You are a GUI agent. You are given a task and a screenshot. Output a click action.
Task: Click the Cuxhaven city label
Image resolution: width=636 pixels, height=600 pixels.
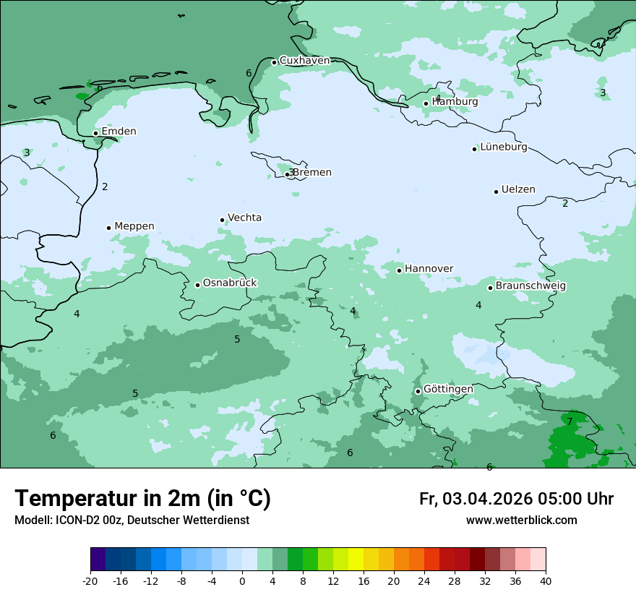point(304,61)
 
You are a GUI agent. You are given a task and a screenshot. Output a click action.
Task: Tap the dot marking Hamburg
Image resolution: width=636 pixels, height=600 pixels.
point(426,103)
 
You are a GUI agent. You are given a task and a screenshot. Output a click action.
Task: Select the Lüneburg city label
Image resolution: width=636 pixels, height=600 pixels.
point(503,147)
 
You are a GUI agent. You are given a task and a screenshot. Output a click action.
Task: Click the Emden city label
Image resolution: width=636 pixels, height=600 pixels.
point(119,132)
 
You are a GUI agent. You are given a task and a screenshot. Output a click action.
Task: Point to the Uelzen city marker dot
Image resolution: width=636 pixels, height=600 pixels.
point(496,192)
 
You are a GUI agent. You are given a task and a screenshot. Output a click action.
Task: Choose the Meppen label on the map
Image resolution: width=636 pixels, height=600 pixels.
point(134,226)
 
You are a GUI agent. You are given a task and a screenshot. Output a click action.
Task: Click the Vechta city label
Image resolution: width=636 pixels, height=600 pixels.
point(244,218)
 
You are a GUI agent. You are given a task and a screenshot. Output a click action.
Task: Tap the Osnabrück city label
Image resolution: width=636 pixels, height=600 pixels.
point(230,283)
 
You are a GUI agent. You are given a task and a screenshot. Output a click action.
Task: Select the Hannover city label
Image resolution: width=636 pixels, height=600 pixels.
point(429,269)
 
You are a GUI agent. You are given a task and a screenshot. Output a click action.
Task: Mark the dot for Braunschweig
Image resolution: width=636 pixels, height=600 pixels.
point(490,288)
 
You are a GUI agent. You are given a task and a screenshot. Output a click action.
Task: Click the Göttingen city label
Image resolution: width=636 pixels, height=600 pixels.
point(448,389)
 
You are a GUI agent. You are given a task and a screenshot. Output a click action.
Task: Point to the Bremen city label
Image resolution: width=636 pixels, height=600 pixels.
point(311,173)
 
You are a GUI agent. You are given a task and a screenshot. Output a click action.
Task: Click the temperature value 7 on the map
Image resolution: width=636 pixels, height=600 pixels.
point(570,421)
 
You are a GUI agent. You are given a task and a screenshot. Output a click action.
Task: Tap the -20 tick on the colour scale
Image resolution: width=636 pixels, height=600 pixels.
point(90,581)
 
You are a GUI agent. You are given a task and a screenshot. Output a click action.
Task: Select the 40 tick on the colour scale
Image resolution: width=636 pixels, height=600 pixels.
point(545,581)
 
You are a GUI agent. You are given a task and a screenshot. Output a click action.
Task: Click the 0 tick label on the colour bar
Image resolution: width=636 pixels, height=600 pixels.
point(242,581)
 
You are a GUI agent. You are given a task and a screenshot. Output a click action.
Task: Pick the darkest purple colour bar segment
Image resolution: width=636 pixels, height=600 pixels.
point(98,560)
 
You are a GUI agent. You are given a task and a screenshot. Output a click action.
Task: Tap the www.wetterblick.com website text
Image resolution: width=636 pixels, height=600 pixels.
point(521,520)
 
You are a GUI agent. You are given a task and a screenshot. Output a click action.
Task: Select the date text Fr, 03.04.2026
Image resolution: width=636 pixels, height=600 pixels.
point(475,499)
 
